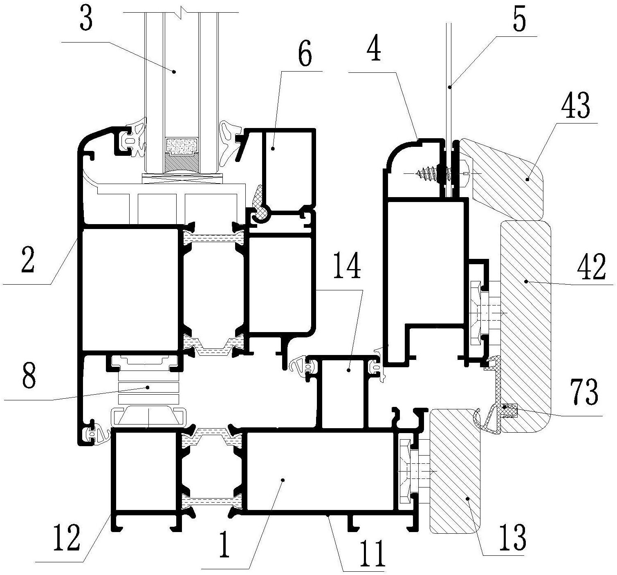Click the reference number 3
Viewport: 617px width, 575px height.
coord(86,20)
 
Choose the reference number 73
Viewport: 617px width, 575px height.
coord(584,392)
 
